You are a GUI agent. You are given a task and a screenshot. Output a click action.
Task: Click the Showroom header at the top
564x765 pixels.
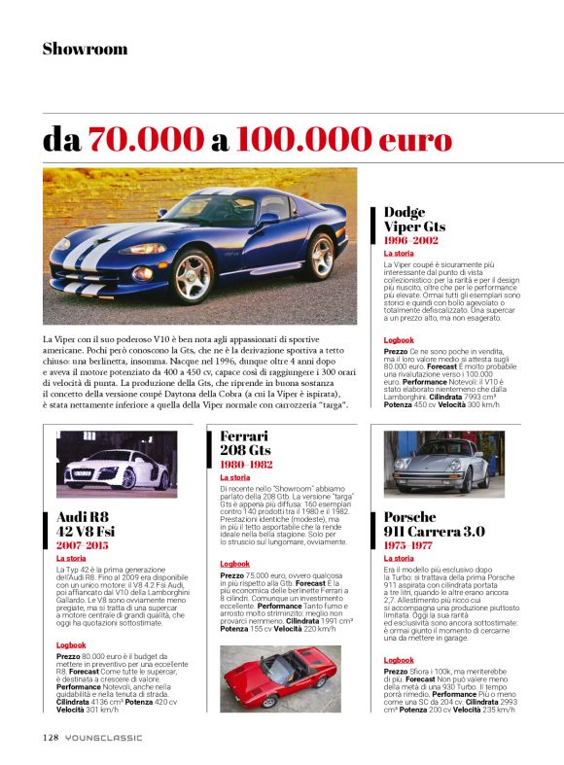(x=85, y=49)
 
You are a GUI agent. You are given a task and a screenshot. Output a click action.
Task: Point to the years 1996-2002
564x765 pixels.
(x=410, y=239)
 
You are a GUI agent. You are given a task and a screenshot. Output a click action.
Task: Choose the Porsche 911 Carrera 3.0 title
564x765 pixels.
(x=435, y=525)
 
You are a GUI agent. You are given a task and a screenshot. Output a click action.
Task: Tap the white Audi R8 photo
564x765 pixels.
(x=117, y=463)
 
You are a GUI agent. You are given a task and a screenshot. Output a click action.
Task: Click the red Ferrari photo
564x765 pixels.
(x=278, y=678)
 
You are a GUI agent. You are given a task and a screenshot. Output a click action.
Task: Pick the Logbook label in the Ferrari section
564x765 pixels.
(x=234, y=564)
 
